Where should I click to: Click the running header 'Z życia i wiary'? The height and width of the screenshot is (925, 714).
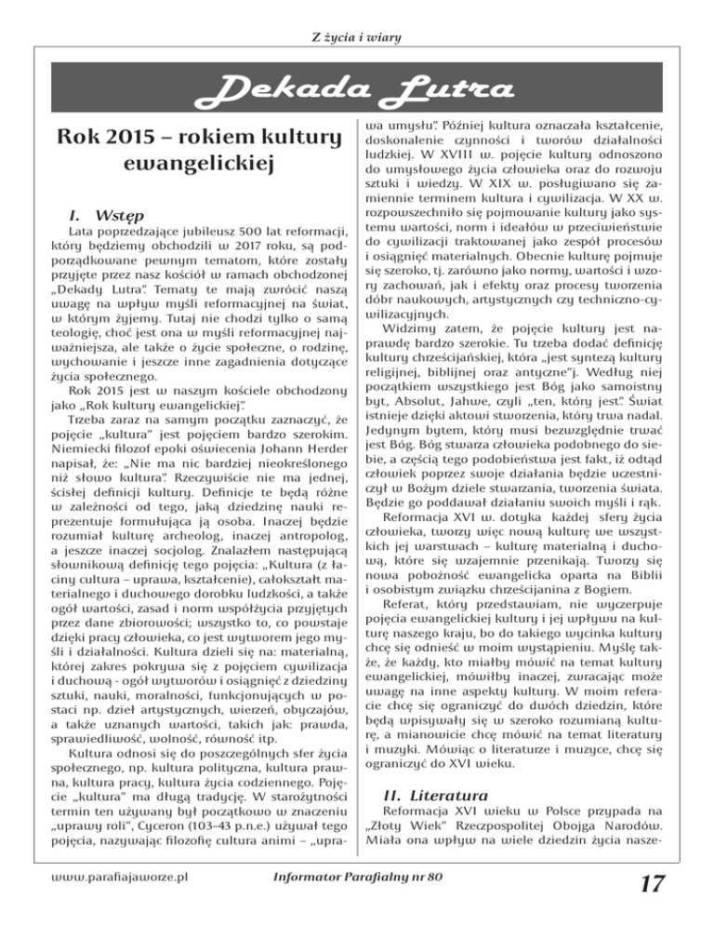[358, 12]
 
